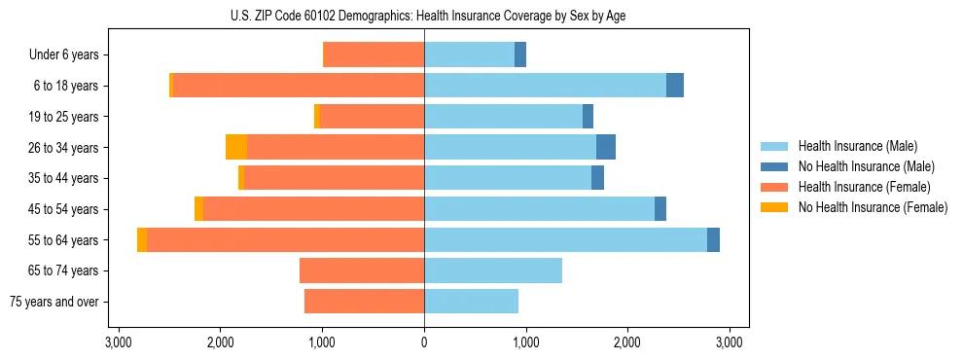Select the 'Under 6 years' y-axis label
point(63,54)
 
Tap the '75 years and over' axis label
point(53,302)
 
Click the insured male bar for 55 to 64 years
point(565,239)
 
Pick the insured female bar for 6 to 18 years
point(298,86)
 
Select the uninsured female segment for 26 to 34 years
point(236,147)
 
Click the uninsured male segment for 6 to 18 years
point(675,86)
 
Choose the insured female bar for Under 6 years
point(374,54)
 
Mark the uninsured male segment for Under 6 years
point(520,54)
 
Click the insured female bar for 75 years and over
point(364,302)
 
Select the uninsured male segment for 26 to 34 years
point(606,147)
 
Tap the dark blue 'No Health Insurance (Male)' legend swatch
point(775,166)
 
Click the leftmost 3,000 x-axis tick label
point(119,342)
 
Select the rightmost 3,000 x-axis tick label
point(730,342)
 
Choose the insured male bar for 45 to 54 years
point(539,209)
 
